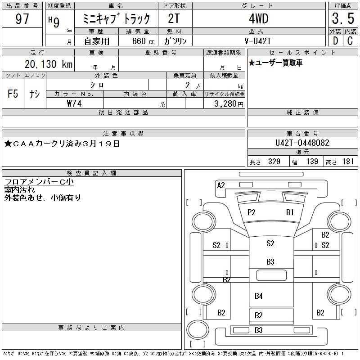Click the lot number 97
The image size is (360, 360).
[x=22, y=18]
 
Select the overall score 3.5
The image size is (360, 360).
[x=343, y=18]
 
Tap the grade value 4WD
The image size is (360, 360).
[x=259, y=18]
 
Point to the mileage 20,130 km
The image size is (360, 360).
[x=49, y=64]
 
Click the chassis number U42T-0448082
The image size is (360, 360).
[x=302, y=143]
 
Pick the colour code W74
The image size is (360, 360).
[x=74, y=103]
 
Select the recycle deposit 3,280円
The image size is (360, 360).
[x=229, y=104]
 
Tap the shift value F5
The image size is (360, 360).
[x=13, y=94]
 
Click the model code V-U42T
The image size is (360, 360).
[x=258, y=41]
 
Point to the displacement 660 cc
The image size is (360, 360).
[x=144, y=41]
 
